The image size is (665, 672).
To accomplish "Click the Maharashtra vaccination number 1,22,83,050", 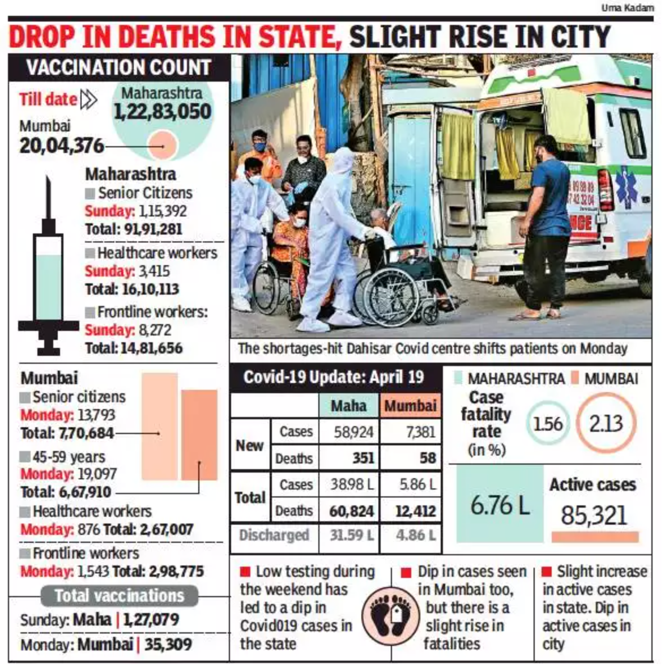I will point(163,112).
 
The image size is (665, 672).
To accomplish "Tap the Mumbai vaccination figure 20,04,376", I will point(62,146).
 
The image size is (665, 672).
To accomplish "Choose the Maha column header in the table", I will point(348,406).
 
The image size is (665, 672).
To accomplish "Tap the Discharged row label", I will point(274,535).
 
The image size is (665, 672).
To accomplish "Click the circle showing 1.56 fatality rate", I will point(548,423).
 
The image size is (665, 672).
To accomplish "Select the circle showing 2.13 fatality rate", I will point(606,423).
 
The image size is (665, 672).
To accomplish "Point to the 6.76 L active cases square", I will point(500,504).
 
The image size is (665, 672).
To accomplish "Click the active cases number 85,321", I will point(594,515).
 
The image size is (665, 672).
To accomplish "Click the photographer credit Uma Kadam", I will point(627,8).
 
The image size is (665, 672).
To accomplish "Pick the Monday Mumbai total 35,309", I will point(168,644).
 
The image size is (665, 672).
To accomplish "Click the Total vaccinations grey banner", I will point(119,596).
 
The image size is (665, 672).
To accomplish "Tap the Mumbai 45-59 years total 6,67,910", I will point(66,492).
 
